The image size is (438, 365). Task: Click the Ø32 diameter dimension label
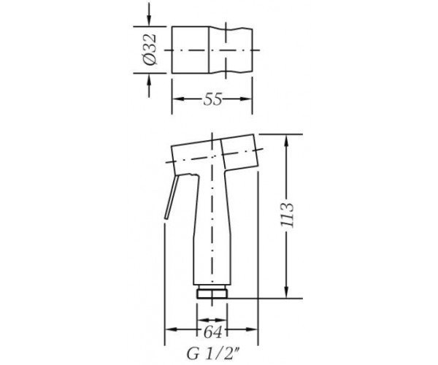click(x=150, y=50)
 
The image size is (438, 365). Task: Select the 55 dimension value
click(x=212, y=99)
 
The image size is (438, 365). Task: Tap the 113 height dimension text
click(x=288, y=215)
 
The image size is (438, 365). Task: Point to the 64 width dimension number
click(x=212, y=332)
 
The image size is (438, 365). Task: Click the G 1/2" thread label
click(x=213, y=353)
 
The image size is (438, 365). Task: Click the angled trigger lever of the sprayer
click(x=170, y=198)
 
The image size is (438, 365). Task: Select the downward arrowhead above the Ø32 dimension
click(x=149, y=20)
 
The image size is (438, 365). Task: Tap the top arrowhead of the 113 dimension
click(x=286, y=141)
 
